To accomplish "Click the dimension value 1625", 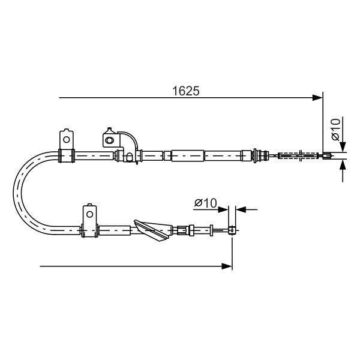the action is point(186,91).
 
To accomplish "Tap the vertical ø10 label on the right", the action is point(335,129).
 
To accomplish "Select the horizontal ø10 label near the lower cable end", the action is point(205,203).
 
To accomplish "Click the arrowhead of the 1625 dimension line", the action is point(318,98).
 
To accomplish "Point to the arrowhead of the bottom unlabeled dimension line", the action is point(227,266).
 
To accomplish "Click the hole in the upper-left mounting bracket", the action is point(67,139).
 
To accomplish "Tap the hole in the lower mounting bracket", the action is point(89,214).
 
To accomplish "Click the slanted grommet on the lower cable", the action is point(154,230).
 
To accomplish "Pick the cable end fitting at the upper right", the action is point(327,155).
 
